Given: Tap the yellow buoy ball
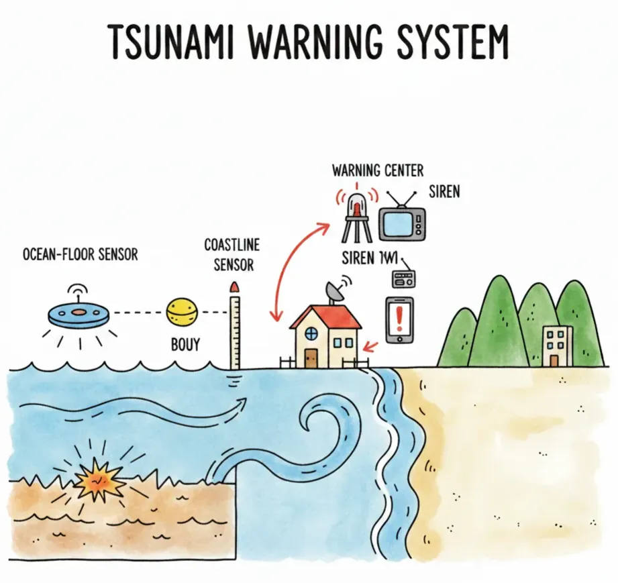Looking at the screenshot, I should pyautogui.click(x=183, y=313).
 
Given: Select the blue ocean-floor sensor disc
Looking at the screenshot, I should pyautogui.click(x=79, y=313).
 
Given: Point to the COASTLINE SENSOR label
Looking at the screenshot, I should pyautogui.click(x=232, y=254).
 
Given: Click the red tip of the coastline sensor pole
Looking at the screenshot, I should pyautogui.click(x=234, y=287).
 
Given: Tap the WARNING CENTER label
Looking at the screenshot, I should pyautogui.click(x=378, y=170).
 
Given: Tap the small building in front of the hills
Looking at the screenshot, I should pyautogui.click(x=558, y=346).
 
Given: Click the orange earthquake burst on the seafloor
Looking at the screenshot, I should pyautogui.click(x=97, y=478).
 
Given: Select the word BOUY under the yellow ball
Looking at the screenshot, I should pyautogui.click(x=185, y=345).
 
